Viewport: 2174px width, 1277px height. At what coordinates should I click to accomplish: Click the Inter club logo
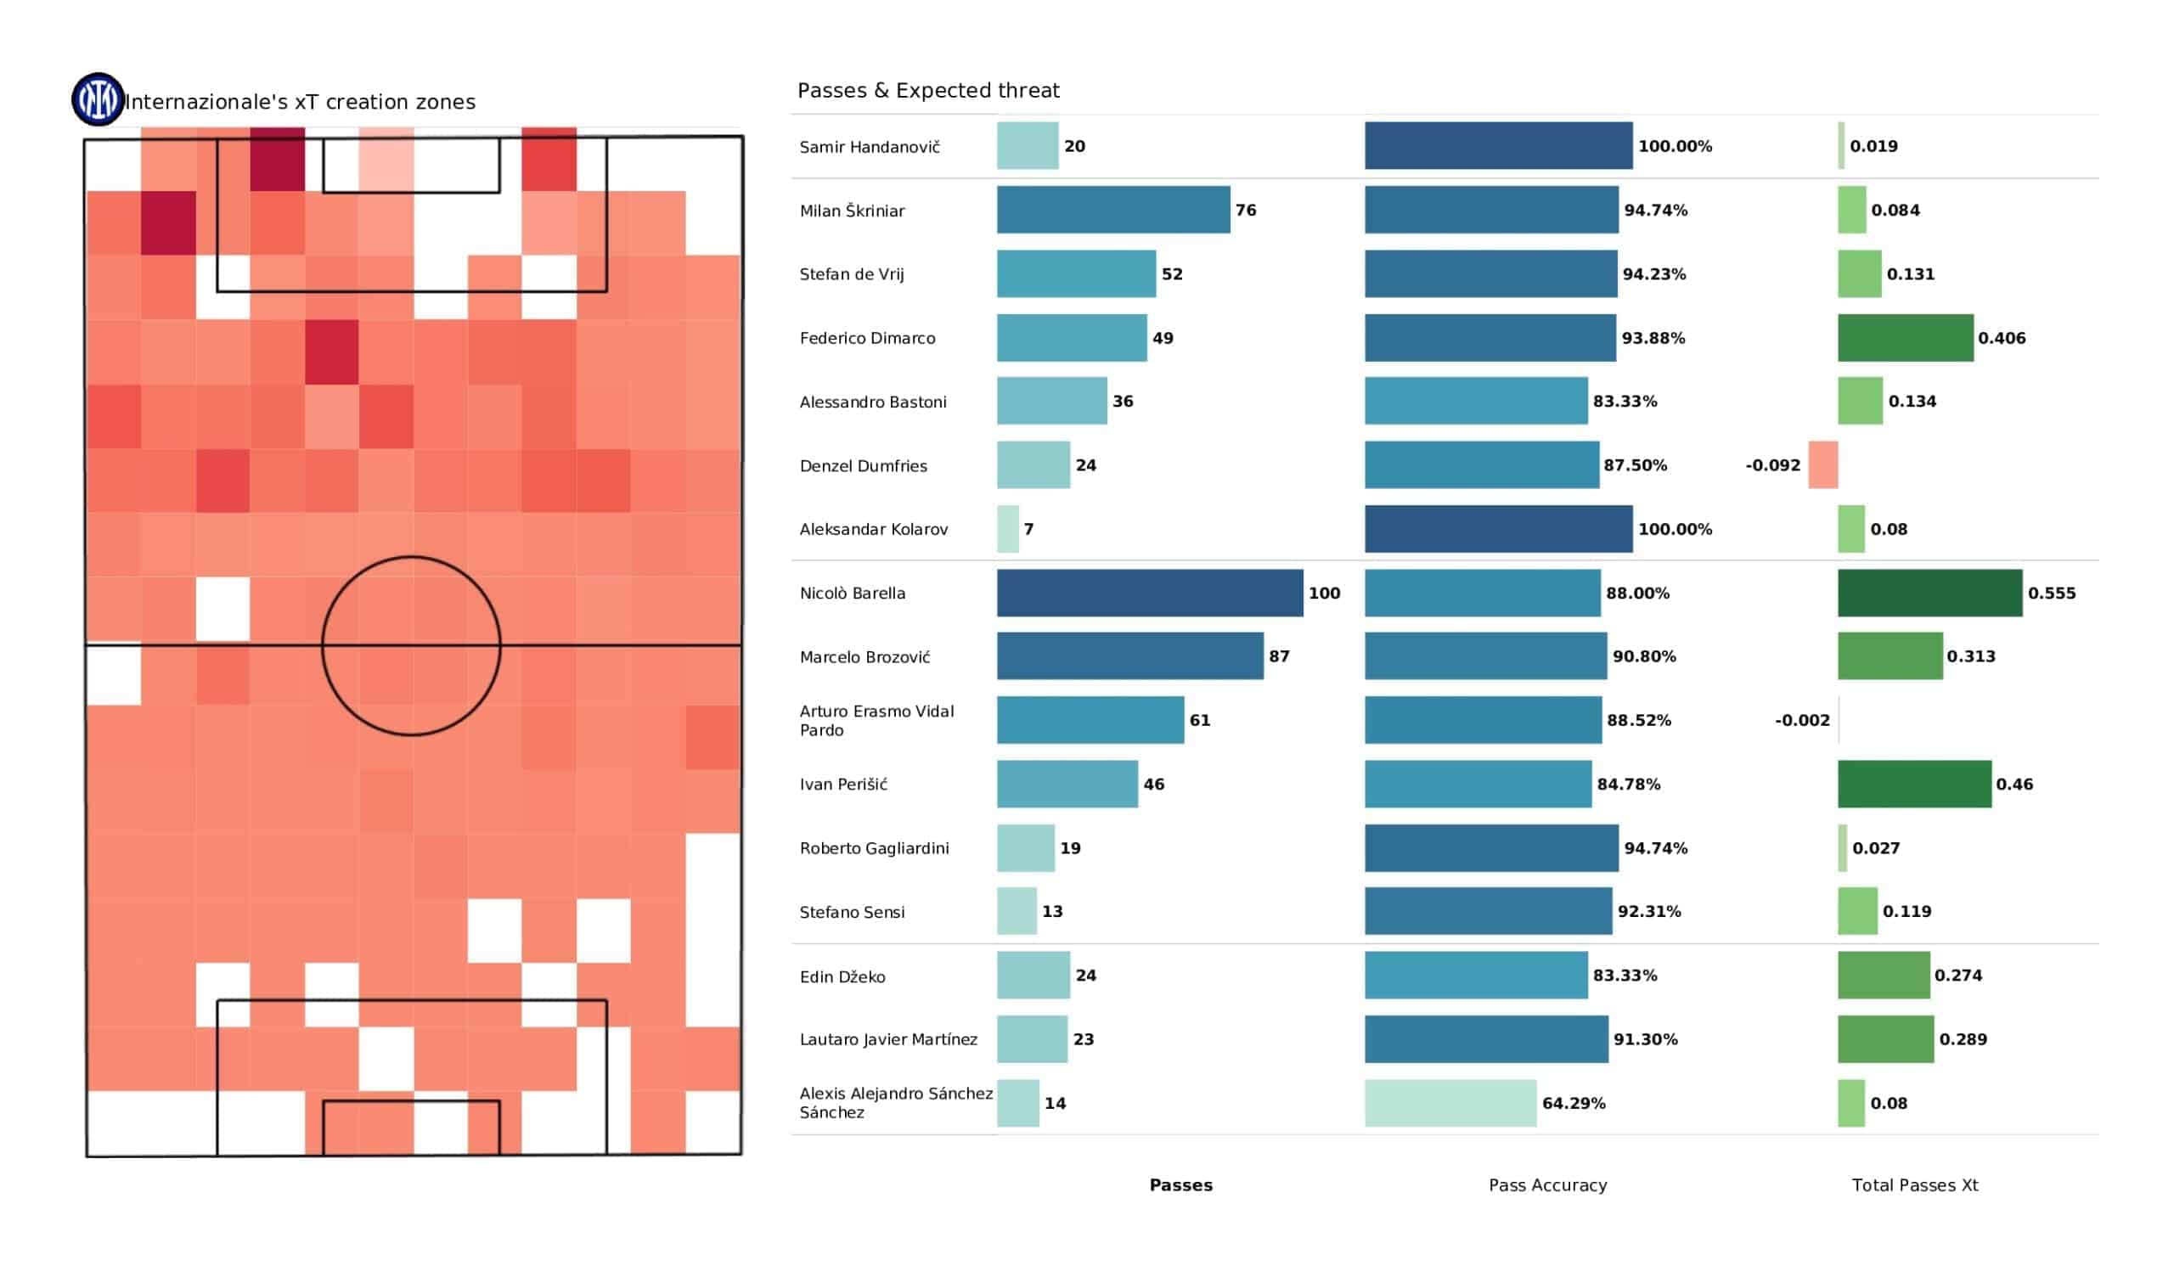[98, 99]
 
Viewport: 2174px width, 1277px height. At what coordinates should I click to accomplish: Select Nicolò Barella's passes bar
[1149, 593]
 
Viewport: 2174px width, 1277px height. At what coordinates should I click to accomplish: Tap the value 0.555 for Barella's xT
[2051, 593]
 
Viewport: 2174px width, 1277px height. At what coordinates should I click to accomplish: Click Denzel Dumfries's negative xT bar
[1822, 465]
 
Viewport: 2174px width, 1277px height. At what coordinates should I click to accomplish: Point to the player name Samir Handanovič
[869, 148]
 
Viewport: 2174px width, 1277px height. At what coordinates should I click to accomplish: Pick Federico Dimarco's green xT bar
[1905, 338]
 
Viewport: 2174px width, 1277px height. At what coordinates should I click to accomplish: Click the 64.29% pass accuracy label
[1573, 1104]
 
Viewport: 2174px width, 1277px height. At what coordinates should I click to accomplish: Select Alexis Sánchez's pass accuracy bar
[1450, 1104]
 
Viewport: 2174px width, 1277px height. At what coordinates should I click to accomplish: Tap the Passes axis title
[1180, 1185]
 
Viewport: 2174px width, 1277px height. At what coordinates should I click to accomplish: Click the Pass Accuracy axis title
[1546, 1185]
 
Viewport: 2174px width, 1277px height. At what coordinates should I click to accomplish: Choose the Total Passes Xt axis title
[1914, 1185]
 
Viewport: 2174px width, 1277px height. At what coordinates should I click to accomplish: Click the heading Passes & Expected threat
[927, 91]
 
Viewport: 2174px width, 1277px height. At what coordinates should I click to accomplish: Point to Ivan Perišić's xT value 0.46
[2013, 785]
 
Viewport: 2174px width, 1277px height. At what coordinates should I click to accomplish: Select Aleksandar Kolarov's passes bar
[1008, 529]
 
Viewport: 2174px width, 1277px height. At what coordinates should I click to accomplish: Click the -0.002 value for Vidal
[1801, 721]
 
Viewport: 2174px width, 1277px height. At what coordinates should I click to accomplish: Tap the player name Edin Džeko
[842, 976]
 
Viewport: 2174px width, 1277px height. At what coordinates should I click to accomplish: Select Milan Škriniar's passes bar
[1112, 210]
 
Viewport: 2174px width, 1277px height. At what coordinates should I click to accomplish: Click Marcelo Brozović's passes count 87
[1279, 656]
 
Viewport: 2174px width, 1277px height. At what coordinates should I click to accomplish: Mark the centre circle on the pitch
[412, 645]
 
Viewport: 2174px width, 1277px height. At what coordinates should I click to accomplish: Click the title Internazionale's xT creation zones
[301, 102]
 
